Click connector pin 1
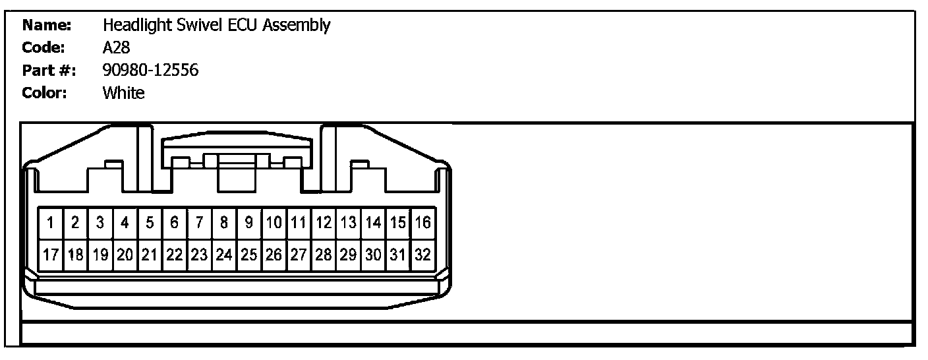[x=51, y=223]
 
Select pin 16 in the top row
[x=423, y=223]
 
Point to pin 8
[x=224, y=223]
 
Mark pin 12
[x=324, y=223]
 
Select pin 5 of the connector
[x=150, y=223]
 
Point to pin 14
[x=374, y=223]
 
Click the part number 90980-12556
[x=150, y=71]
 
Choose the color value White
[x=123, y=93]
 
